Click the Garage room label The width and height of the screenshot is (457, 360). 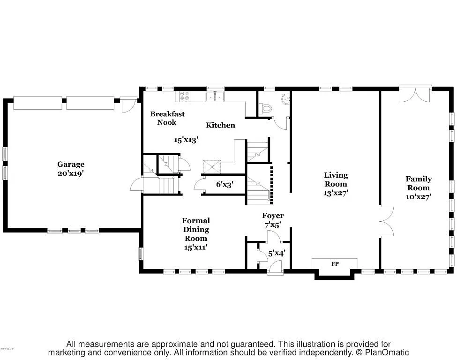pyautogui.click(x=71, y=164)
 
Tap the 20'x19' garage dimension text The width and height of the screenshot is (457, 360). pyautogui.click(x=71, y=173)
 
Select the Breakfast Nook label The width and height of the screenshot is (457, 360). pyautogui.click(x=167, y=118)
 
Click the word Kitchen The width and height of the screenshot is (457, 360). pyautogui.click(x=220, y=125)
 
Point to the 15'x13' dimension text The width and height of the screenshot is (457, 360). pyautogui.click(x=186, y=140)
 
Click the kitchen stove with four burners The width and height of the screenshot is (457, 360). pyautogui.click(x=183, y=96)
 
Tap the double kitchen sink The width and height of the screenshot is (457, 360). pyautogui.click(x=216, y=97)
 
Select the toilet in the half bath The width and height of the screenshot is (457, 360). pyautogui.click(x=266, y=108)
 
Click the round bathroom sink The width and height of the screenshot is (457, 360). pyautogui.click(x=285, y=99)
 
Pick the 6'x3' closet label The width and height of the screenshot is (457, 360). pyautogui.click(x=224, y=184)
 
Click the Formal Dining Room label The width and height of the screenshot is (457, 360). pyautogui.click(x=196, y=229)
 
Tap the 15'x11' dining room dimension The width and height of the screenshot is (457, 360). pyautogui.click(x=196, y=247)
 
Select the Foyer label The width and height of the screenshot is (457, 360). pyautogui.click(x=272, y=216)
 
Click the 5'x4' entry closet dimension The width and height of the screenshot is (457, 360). pyautogui.click(x=277, y=253)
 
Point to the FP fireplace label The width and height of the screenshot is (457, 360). pyautogui.click(x=335, y=264)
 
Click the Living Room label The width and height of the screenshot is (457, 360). pyautogui.click(x=336, y=180)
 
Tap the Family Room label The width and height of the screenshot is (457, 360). pyautogui.click(x=419, y=183)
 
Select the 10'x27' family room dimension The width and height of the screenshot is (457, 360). pyautogui.click(x=419, y=197)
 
